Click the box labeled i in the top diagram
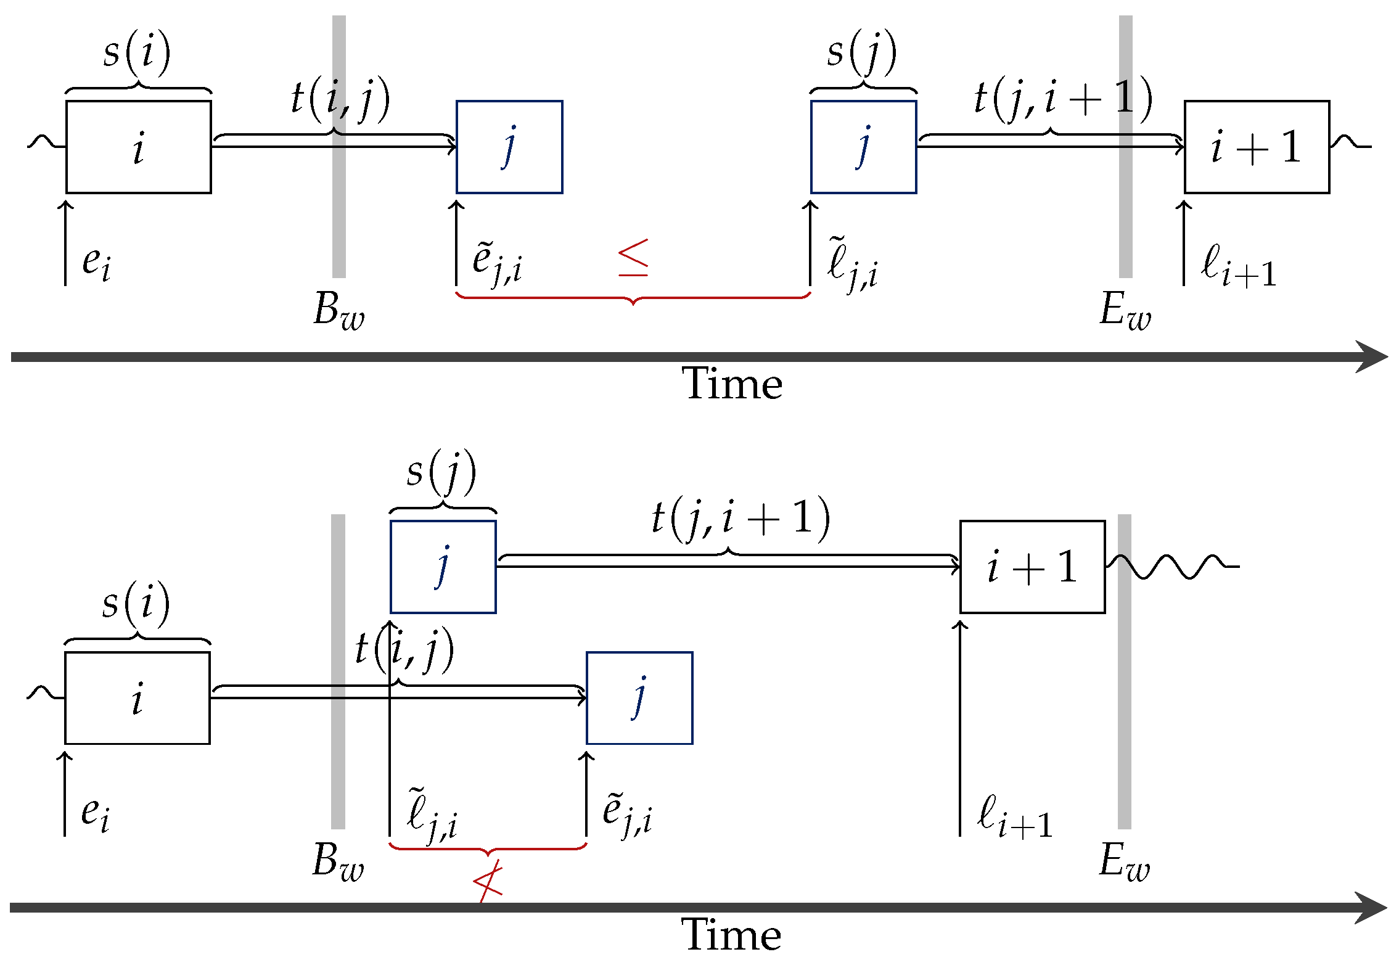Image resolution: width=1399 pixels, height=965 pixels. pos(139,147)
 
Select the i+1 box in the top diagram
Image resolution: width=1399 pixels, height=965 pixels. pos(1256,147)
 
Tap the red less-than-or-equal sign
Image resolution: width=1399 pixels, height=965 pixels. pos(633,257)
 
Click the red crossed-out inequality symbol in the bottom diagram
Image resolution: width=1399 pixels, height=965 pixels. pos(488,882)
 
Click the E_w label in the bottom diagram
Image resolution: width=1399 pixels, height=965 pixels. pos(1124,861)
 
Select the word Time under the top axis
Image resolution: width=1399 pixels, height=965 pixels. pos(732,384)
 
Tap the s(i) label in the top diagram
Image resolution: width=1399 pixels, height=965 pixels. pos(137,52)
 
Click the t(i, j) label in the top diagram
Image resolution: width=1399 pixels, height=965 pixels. pos(340,99)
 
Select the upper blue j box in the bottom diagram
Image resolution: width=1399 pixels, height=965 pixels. pos(443,567)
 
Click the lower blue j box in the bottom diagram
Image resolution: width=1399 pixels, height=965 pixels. pos(639,698)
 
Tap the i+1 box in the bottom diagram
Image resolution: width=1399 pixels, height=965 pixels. pos(1032,567)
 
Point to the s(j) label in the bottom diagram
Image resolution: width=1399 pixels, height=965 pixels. pos(441,472)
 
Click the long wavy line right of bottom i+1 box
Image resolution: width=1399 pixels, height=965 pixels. pos(1171,566)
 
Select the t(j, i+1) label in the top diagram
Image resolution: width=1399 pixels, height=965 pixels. pos(1062,99)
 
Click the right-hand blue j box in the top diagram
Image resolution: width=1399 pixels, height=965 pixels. pos(863,147)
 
